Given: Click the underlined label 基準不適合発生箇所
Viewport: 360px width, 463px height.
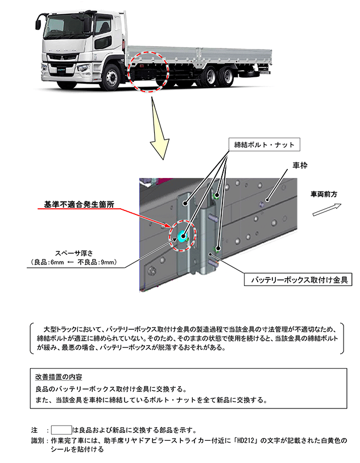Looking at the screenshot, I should coord(79,204).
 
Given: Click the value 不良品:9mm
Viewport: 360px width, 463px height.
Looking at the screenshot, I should coord(101,262).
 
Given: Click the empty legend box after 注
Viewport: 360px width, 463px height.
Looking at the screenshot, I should coord(61,429).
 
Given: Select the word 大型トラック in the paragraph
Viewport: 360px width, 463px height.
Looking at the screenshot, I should coord(60,329).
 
